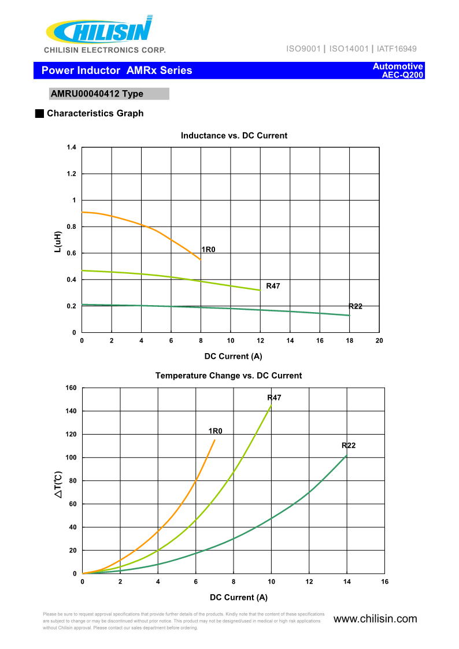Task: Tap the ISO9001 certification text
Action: tap(303, 49)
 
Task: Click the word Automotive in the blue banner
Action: tap(398, 66)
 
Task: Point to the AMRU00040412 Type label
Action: tap(97, 94)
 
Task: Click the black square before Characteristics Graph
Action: tap(39, 113)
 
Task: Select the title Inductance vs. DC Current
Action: tap(234, 136)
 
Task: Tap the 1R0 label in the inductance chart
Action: tap(208, 250)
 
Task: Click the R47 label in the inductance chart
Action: tap(273, 286)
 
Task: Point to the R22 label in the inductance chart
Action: tap(355, 306)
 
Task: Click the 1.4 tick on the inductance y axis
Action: tap(71, 148)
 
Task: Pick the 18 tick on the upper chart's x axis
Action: tap(349, 340)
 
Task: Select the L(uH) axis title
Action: tap(58, 242)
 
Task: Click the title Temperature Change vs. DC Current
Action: tap(228, 376)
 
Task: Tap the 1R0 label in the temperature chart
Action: tap(216, 431)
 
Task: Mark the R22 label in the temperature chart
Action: tap(349, 445)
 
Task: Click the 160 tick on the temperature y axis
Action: tap(71, 388)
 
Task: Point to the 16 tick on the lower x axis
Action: tap(384, 582)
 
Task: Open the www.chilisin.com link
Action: tap(375, 619)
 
